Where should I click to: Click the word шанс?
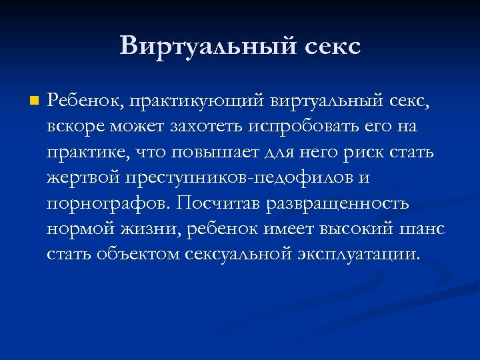click(422, 229)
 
